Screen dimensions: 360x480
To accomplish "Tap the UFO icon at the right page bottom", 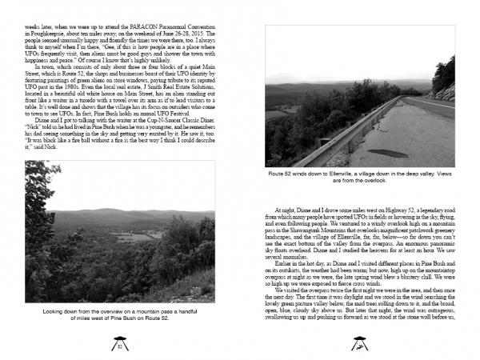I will pos(358,345).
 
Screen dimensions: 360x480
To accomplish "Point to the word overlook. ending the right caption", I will pos(380,181).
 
